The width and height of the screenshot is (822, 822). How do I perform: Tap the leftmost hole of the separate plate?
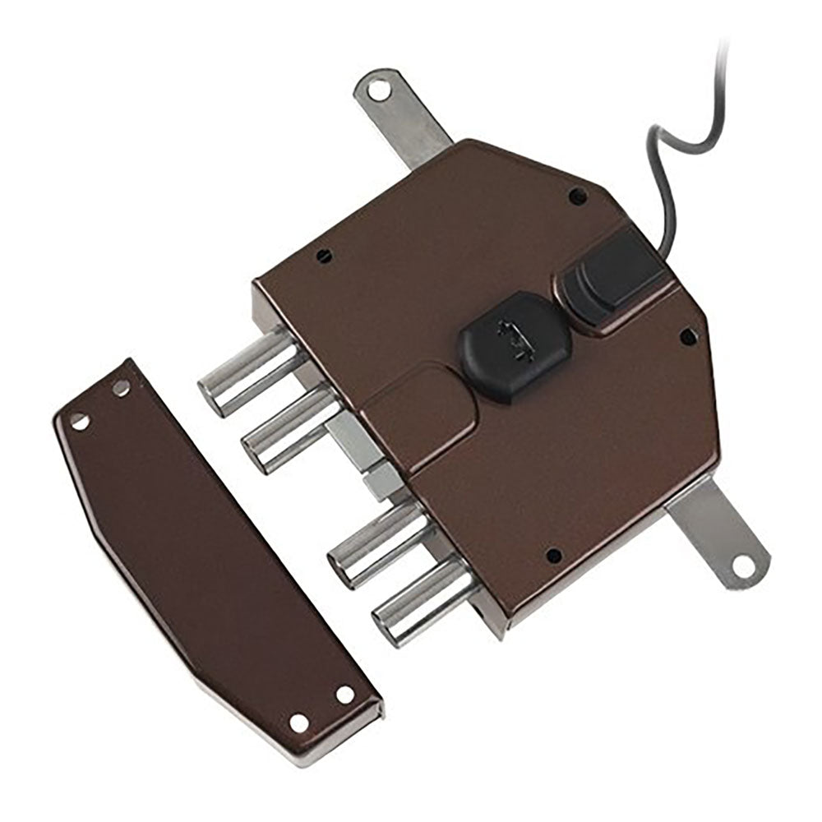pos(79,421)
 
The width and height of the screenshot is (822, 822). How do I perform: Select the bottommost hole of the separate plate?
pos(299,723)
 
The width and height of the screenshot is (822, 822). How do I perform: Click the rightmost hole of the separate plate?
pos(345,695)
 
